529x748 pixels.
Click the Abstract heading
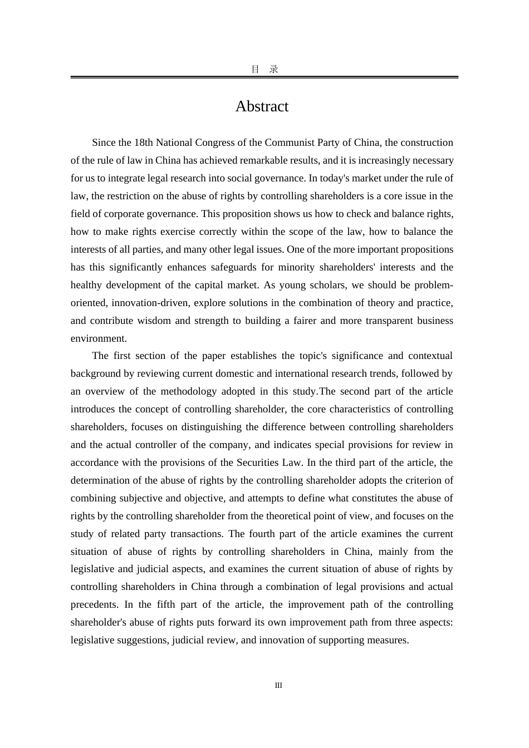pos(262,106)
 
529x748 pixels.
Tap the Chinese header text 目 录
pos(264,70)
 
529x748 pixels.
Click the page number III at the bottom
pos(278,685)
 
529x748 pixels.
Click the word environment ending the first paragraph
pos(97,338)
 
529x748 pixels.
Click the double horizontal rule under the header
pos(264,77)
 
